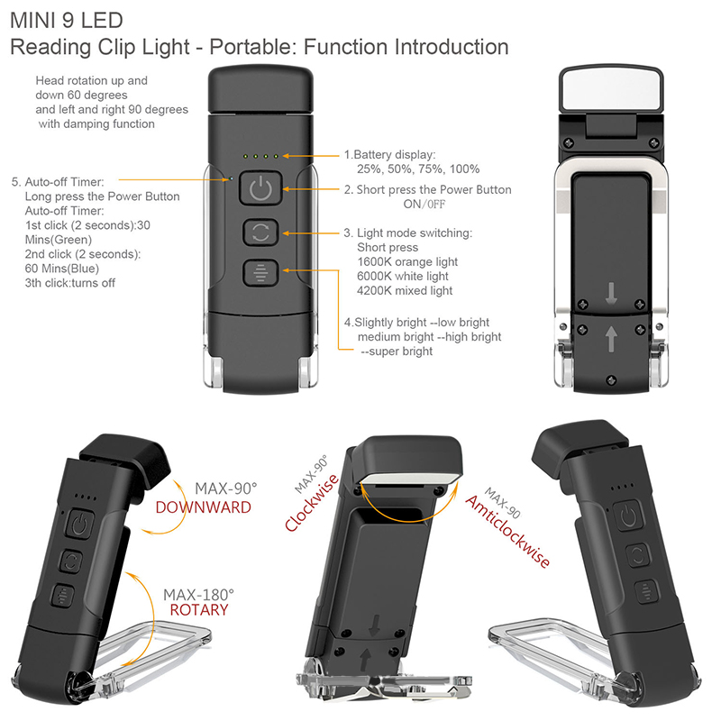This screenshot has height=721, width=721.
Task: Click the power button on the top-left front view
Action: tap(260, 187)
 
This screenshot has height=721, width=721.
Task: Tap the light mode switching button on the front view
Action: tap(260, 232)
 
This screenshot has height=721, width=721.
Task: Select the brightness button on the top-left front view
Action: tap(260, 273)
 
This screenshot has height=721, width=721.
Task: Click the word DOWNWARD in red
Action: tap(204, 507)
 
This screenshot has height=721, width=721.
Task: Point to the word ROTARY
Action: tap(199, 610)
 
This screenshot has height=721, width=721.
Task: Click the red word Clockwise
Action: tap(312, 503)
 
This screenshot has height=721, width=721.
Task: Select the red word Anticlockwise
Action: tap(507, 532)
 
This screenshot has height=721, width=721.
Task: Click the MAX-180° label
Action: tap(198, 595)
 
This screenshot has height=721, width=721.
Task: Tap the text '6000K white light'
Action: tap(402, 276)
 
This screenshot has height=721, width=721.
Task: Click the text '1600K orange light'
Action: tap(407, 261)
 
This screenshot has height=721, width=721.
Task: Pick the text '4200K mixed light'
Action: tap(405, 290)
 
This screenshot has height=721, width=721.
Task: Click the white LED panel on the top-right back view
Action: tap(611, 89)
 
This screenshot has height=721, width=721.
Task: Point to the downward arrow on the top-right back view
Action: tap(611, 294)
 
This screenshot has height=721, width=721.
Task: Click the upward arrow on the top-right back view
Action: tap(611, 339)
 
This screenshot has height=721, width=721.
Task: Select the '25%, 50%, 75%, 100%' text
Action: tap(418, 169)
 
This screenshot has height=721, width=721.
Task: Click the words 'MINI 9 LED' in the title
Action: tap(67, 20)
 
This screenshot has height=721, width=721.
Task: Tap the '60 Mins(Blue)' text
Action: tap(62, 269)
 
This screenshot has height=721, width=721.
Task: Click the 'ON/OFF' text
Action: tap(424, 205)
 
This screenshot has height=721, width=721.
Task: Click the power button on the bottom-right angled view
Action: tap(627, 516)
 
